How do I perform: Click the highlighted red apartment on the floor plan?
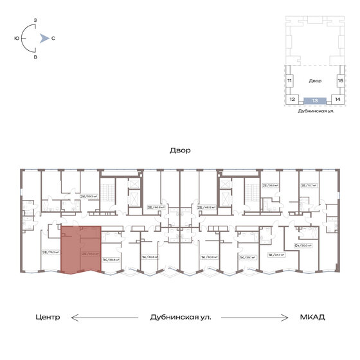click(x=80, y=249)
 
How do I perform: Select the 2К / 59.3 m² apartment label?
click(x=87, y=196)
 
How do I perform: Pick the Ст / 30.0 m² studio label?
click(x=303, y=245)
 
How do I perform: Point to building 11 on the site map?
click(x=290, y=81)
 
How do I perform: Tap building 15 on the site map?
click(x=341, y=81)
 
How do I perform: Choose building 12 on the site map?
click(x=292, y=100)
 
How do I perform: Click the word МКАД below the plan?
click(x=312, y=317)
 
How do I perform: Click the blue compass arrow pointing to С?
click(x=42, y=38)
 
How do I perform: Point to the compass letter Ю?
click(x=16, y=38)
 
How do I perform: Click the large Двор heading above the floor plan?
click(x=180, y=150)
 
